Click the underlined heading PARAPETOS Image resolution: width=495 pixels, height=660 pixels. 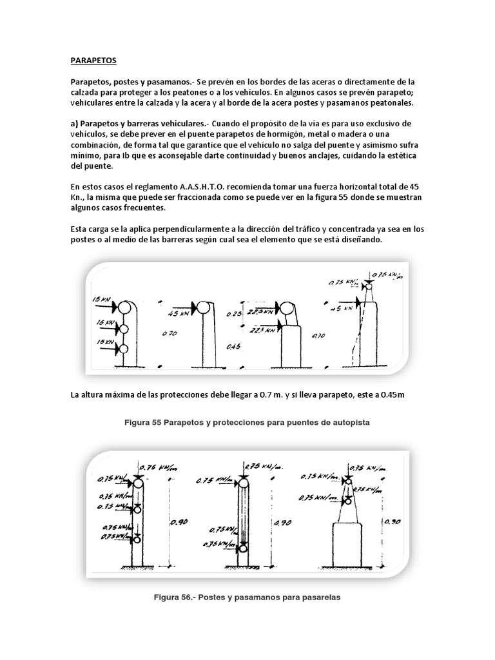tap(93, 61)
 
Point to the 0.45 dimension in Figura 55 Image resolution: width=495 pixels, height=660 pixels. tap(235, 347)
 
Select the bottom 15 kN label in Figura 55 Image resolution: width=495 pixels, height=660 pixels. tap(104, 342)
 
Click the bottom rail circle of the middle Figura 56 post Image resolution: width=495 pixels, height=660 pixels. tap(243, 548)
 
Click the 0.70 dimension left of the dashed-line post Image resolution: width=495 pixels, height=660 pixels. tap(318, 335)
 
